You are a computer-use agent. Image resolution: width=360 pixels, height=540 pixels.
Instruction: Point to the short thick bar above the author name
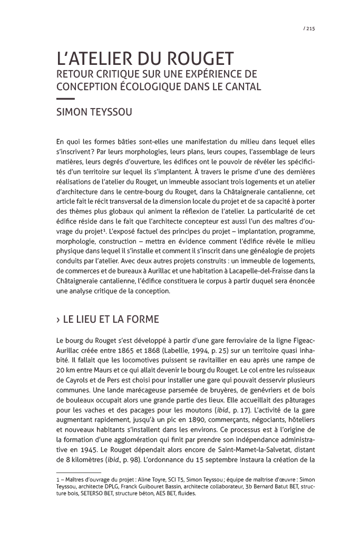click(65, 99)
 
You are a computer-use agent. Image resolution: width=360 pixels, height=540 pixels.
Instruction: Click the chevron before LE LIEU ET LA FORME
click(58, 320)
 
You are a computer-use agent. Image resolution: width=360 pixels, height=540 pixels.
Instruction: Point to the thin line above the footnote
click(78, 472)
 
